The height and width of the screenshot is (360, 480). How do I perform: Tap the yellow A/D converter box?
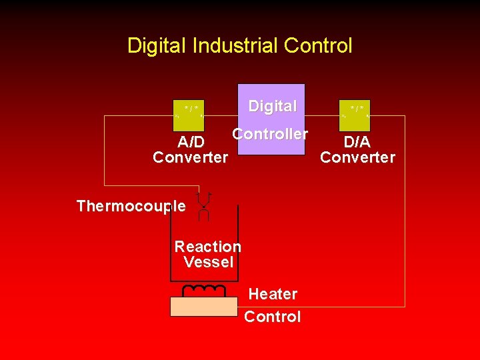[188, 115]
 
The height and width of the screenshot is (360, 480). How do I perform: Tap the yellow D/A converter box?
[355, 115]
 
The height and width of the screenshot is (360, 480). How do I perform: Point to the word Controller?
[270, 134]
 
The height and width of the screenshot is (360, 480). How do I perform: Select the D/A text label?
[357, 142]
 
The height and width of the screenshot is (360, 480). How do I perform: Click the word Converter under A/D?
[190, 158]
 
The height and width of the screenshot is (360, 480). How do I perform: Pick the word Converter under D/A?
[357, 157]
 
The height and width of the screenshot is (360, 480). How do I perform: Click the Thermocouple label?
[131, 206]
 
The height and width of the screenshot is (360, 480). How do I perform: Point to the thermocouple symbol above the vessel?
[204, 206]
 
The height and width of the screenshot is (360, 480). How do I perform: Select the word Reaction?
[207, 247]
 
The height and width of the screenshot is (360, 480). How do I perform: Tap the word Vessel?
[208, 262]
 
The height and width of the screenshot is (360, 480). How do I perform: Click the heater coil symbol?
[204, 291]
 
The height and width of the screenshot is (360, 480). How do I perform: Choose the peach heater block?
[203, 307]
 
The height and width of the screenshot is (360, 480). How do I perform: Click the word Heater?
[273, 294]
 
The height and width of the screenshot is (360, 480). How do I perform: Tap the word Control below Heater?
[272, 317]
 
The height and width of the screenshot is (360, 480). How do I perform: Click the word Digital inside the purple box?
[272, 106]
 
